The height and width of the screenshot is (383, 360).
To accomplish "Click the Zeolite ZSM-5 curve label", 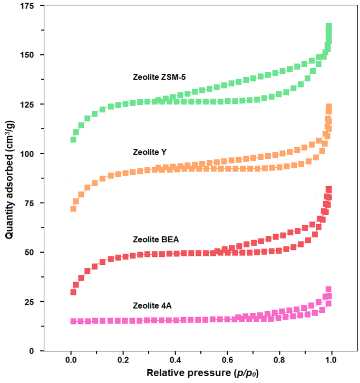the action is [x=159, y=77].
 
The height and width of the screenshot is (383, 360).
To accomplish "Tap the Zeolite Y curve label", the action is [x=150, y=152].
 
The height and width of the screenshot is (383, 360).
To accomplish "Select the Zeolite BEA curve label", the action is [x=155, y=240].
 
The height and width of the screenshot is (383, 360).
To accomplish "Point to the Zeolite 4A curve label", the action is [x=152, y=305].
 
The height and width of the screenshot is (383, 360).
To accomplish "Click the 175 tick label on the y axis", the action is [x=27, y=6].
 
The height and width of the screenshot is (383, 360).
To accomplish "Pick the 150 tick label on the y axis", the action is [x=27, y=55].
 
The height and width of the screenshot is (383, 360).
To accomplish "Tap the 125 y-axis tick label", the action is [x=27, y=104].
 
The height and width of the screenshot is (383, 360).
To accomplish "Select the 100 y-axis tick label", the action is [x=27, y=154].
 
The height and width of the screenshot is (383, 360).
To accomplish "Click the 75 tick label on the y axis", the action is [x=29, y=203].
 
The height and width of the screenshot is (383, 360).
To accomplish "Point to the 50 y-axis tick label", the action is [x=29, y=252].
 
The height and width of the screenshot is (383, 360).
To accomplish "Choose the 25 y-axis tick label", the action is [x=29, y=302].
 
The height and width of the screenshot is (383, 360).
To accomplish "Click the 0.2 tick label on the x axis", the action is [x=123, y=360].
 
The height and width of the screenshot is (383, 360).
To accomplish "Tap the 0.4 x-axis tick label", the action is [x=175, y=360].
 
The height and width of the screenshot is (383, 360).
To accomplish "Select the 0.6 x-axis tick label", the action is [x=228, y=360].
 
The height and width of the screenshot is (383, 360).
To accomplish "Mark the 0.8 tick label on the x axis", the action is [x=279, y=360].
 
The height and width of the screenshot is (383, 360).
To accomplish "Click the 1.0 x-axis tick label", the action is [x=331, y=360].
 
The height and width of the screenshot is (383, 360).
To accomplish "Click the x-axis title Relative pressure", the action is [x=202, y=373].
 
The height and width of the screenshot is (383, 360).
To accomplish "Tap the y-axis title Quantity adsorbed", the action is [x=10, y=179].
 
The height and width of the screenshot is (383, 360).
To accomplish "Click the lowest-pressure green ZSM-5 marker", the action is [x=73, y=139].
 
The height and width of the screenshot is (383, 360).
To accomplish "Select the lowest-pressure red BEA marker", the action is [x=73, y=292].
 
